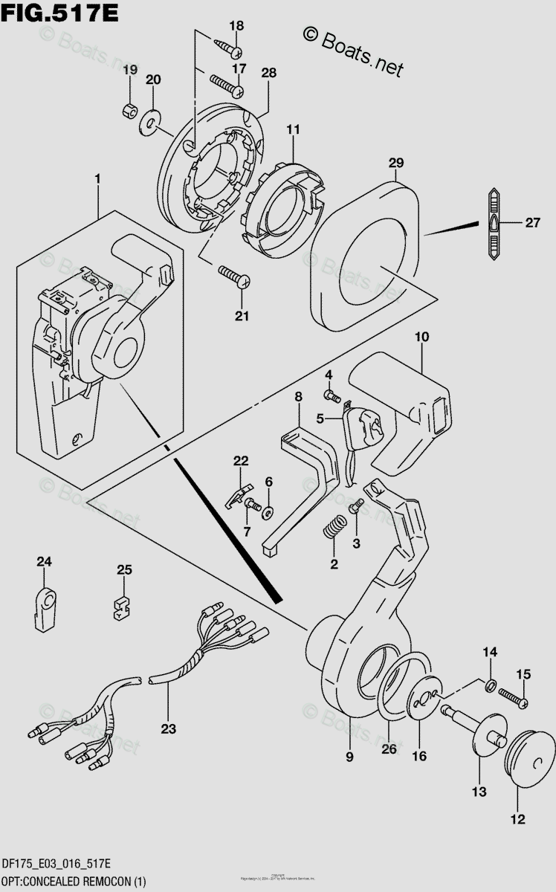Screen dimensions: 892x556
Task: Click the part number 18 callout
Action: pos(236,27)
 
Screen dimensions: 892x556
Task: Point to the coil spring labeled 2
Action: pos(334,529)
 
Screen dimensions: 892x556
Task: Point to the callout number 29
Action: pos(396,162)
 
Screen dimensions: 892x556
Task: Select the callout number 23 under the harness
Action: pos(169,729)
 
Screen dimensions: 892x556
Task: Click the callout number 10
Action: pos(421,337)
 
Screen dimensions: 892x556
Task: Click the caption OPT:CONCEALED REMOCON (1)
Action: pos(74,881)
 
